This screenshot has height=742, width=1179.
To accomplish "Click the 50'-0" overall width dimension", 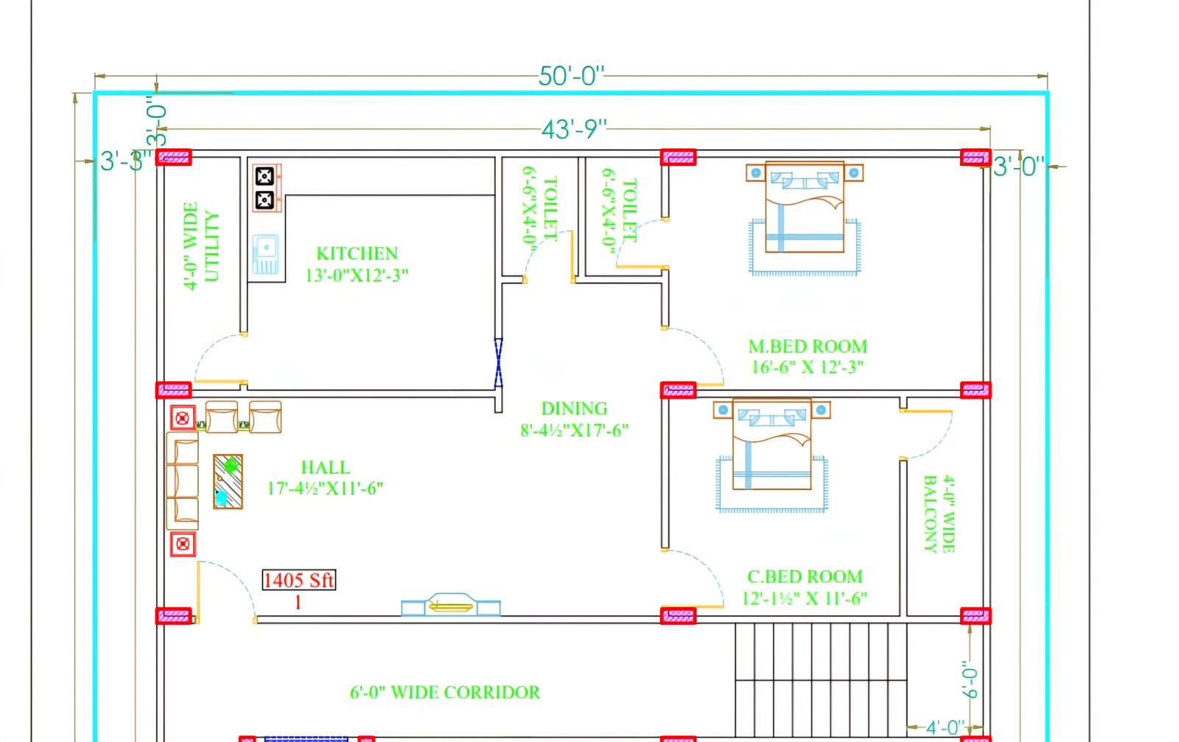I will point(571,76).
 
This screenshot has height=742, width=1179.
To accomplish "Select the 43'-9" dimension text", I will point(573,130).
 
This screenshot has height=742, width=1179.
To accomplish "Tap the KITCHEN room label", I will point(357,253).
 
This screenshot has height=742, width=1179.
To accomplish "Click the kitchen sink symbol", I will point(265,254).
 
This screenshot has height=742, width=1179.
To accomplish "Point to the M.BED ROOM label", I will point(808,346).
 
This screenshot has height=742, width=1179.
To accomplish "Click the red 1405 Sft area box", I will point(298,580).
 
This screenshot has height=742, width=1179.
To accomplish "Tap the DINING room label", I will point(574,408).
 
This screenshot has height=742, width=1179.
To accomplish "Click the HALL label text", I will point(325,468).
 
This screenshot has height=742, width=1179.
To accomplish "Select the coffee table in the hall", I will point(228,482).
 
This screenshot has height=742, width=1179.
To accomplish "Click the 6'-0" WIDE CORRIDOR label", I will point(444,693).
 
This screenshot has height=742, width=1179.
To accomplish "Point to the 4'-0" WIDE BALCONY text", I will point(939,514).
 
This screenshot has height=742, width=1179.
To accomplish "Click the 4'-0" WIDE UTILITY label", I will point(200,246).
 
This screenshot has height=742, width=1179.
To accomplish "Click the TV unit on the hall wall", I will point(450,606).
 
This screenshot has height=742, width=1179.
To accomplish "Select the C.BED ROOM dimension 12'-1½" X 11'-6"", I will point(804,598).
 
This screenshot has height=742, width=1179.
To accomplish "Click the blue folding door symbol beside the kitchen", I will point(498,363).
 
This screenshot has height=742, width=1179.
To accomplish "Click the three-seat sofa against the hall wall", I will point(182,480).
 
